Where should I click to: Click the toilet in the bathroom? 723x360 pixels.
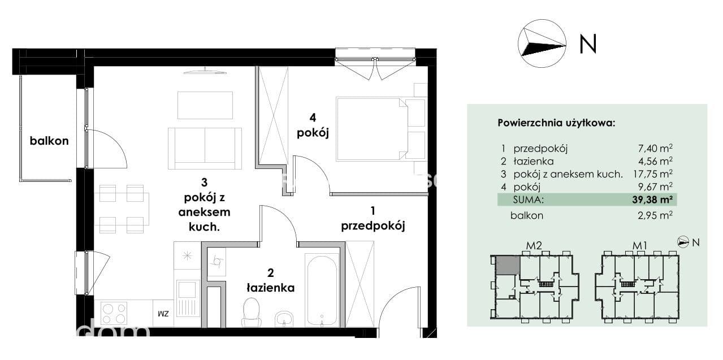click(x=252, y=313)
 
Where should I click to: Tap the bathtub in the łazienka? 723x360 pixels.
click(x=322, y=290)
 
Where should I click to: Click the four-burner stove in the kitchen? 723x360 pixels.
click(x=114, y=314)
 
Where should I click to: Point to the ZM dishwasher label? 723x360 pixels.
click(x=163, y=314)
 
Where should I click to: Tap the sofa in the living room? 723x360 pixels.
click(x=205, y=149)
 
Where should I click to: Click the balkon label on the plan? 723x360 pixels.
click(x=49, y=141)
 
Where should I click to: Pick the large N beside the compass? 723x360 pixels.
click(x=588, y=44)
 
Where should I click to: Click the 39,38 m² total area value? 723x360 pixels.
click(x=652, y=199)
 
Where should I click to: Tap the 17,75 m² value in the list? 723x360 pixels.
click(x=653, y=174)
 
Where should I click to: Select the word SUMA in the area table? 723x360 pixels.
click(x=529, y=199)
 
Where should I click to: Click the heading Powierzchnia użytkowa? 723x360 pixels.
click(x=556, y=123)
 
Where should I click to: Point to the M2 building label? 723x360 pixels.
click(x=534, y=246)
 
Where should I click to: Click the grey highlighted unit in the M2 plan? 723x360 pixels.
click(x=508, y=266)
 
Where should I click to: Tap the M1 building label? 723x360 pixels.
click(x=640, y=246)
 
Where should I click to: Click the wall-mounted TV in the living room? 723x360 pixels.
click(x=205, y=71)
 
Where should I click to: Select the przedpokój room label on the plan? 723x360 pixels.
click(x=373, y=226)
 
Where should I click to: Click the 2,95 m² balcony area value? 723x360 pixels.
click(x=655, y=215)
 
